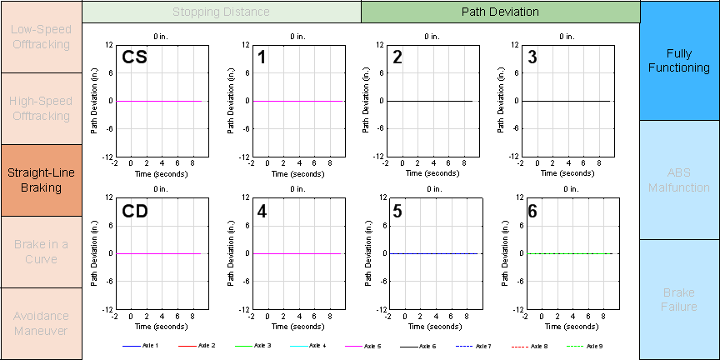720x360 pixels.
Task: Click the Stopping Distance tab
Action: pos(221,12)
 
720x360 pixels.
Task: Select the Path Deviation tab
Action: pos(500,12)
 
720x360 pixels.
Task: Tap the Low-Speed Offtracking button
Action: pos(41,37)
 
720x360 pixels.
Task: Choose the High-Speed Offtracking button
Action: pos(41,108)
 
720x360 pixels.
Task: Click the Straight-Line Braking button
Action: pos(41,180)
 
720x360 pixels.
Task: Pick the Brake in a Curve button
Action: pos(41,252)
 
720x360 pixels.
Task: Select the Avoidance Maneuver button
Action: pos(41,323)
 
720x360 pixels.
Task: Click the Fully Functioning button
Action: pos(679,60)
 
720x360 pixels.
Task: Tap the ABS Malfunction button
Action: pos(679,180)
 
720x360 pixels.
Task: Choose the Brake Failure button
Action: pos(679,300)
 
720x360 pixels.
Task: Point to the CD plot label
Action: pos(135,212)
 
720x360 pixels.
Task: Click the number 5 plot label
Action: pos(397,212)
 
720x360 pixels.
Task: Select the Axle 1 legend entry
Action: pos(142,345)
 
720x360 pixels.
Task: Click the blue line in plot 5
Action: pos(433,253)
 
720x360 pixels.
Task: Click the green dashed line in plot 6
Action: pos(570,253)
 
